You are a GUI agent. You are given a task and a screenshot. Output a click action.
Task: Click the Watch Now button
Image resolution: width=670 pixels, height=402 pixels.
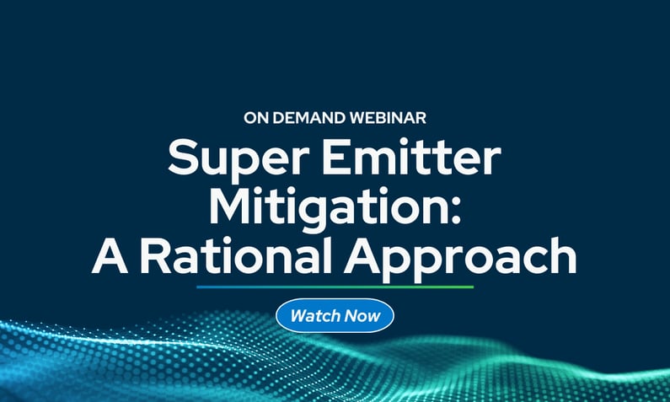(x=335, y=317)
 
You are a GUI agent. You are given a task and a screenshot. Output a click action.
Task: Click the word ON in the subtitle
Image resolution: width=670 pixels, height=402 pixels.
(x=255, y=118)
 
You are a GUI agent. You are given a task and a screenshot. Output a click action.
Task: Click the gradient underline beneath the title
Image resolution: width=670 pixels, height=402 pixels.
(x=335, y=287)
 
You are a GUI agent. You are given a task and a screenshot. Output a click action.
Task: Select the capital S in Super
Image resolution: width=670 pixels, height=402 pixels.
(x=182, y=158)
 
